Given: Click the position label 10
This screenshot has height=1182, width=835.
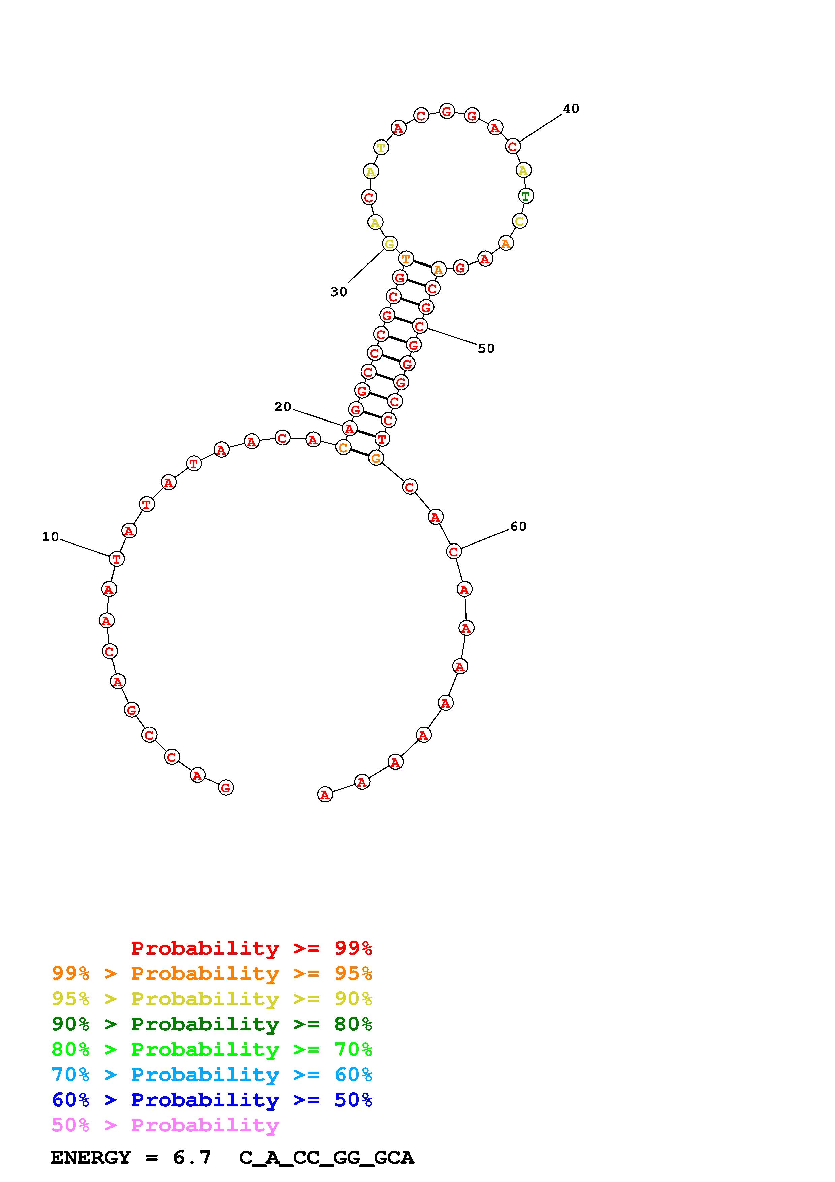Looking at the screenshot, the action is coord(51,537).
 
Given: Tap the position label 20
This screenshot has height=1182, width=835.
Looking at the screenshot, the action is coord(283,407).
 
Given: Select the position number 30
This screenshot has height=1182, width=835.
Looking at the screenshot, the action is coord(339,292).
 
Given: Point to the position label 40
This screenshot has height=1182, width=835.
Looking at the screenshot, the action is coord(571,108).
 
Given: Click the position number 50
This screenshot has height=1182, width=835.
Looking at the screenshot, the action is coord(486,348).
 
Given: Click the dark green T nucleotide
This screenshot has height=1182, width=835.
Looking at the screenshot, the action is coord(525,196).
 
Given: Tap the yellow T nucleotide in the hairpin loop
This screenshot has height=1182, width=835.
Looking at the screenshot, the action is coord(380,147).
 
